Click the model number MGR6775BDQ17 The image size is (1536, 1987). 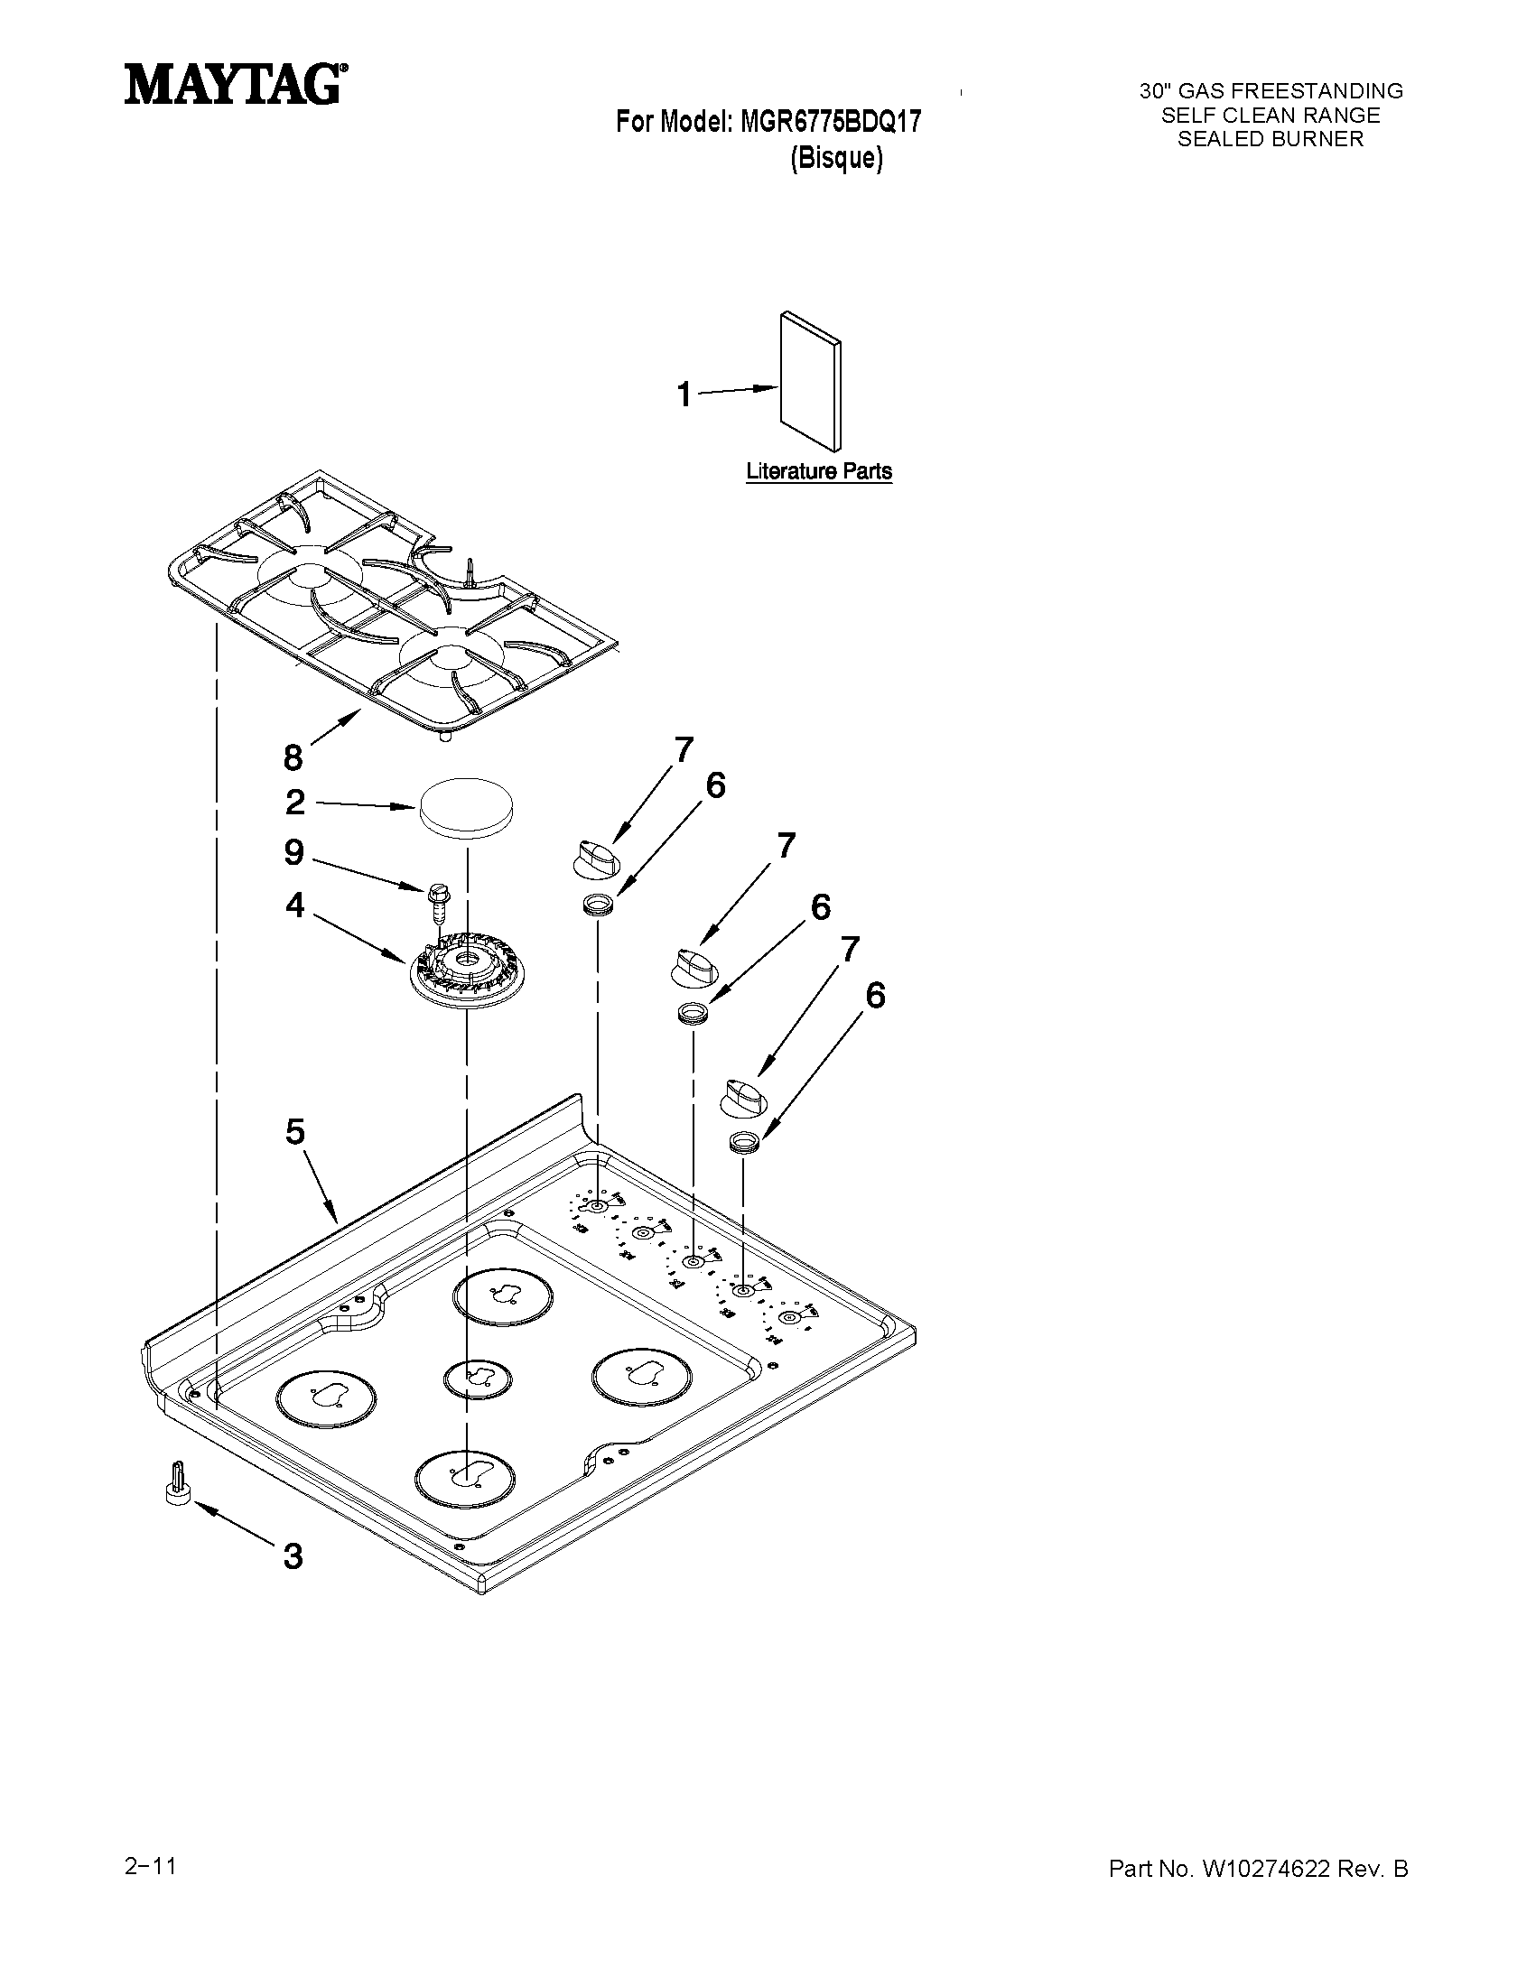[x=830, y=121]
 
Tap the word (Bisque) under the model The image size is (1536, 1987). [x=836, y=158]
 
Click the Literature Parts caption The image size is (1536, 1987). [x=819, y=471]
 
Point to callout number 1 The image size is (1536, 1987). [x=684, y=395]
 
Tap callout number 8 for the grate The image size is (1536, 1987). [x=292, y=756]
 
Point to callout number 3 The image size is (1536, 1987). [x=292, y=1555]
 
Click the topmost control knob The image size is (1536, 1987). [x=596, y=858]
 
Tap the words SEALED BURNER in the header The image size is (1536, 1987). [x=1271, y=139]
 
